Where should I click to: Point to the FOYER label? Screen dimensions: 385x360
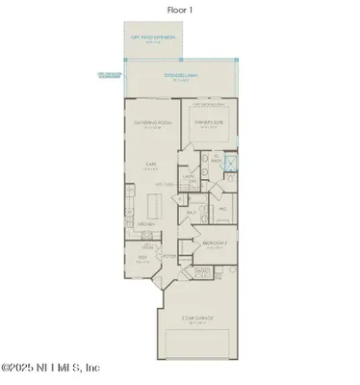(169, 255)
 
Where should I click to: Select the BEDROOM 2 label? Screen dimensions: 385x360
(214, 244)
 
